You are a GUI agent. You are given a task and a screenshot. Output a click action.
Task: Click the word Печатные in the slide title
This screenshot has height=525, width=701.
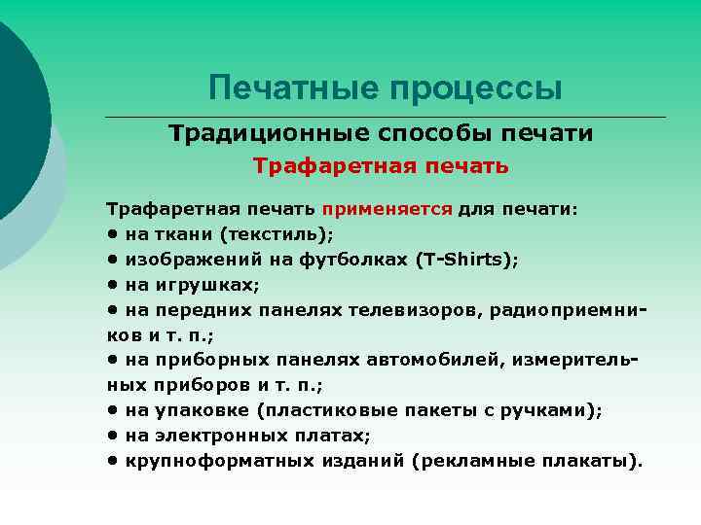point(295,88)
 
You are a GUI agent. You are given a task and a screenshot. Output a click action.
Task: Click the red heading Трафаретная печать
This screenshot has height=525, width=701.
point(381,166)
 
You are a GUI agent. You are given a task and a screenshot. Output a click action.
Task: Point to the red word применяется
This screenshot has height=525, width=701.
point(387,209)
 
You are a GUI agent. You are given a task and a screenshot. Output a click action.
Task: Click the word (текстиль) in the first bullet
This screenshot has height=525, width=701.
point(276,234)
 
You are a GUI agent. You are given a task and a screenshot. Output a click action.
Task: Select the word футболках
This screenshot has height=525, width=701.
point(360,260)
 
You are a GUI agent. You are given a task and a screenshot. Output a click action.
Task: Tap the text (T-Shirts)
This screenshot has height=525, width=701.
point(466,260)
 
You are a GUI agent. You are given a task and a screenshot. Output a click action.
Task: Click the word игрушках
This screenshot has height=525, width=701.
point(207,285)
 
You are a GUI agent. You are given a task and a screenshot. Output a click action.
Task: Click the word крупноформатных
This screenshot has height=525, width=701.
point(208,461)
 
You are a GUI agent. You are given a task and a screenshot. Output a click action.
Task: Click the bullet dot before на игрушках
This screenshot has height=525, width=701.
point(114,285)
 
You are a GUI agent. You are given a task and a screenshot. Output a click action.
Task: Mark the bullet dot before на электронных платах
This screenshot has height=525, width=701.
point(114,436)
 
